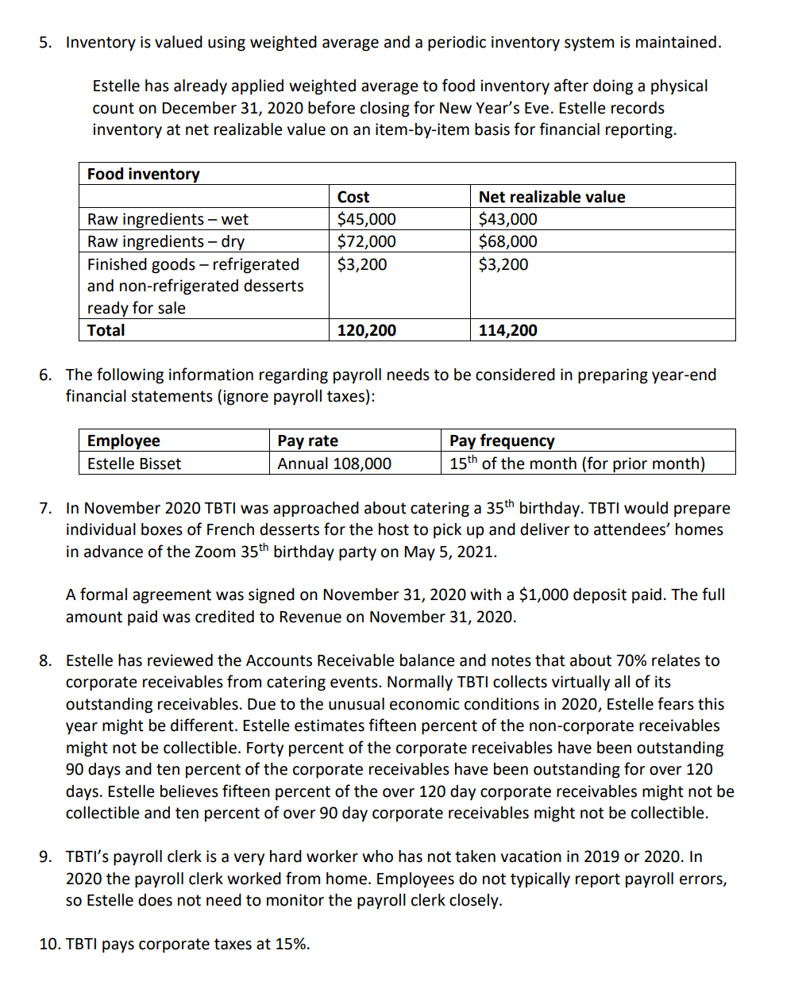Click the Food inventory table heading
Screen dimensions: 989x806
[143, 174]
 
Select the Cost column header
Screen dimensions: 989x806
[353, 197]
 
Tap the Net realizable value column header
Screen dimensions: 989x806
[551, 197]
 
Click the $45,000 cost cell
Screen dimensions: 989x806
[366, 219]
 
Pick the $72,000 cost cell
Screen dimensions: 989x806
[366, 241]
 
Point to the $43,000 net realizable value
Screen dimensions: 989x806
[507, 219]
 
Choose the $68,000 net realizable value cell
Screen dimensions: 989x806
[507, 241]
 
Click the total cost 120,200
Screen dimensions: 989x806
[366, 330]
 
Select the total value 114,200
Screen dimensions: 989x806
[507, 330]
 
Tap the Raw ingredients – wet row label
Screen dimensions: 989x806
[168, 219]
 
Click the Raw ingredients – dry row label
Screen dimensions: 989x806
[165, 241]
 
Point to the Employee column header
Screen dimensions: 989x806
[123, 441]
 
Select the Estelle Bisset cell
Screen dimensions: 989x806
[133, 464]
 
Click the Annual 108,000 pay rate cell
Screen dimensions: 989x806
[334, 464]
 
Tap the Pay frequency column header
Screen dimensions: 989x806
[502, 441]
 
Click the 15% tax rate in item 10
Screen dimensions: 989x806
[291, 944]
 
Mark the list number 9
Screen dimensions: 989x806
[46, 856]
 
